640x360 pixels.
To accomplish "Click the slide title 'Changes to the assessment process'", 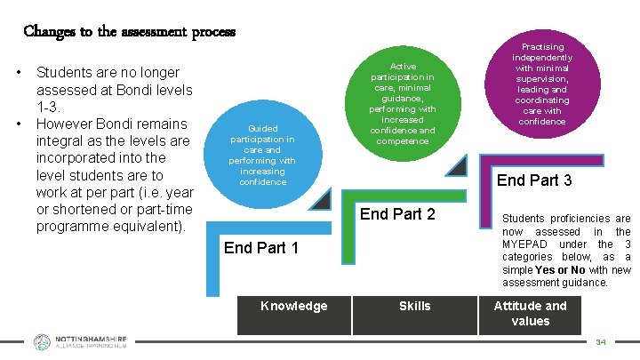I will (x=130, y=32).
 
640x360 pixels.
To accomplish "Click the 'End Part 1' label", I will (x=261, y=248).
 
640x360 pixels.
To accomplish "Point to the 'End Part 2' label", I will (x=397, y=214).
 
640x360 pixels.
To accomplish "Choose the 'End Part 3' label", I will (x=534, y=180).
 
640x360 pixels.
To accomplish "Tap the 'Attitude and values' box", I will (x=531, y=313).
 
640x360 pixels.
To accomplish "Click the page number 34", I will (x=601, y=341).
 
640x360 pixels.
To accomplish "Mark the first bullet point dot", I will (x=19, y=72).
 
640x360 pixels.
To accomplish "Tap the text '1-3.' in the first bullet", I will (x=49, y=107).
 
